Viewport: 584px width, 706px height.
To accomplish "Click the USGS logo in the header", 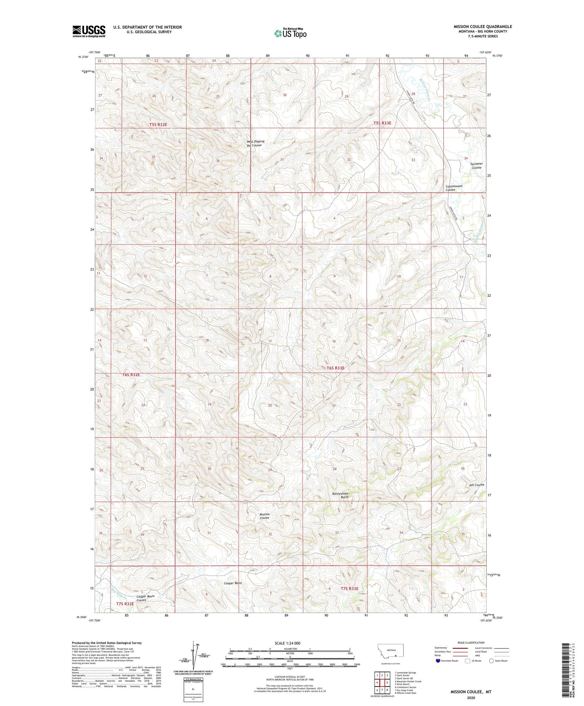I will [89, 31].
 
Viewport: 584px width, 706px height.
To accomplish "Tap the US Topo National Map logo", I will [290, 33].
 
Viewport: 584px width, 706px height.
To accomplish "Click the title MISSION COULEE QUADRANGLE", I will [482, 26].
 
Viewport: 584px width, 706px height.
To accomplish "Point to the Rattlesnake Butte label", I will [340, 495].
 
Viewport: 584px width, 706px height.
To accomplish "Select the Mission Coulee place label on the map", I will [265, 516].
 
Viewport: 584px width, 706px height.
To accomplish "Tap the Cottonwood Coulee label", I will [454, 188].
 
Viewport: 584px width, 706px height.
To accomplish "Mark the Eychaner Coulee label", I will [476, 166].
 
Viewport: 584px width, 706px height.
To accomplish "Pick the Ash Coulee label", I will [477, 485].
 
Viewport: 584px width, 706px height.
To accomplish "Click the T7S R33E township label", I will [349, 588].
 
